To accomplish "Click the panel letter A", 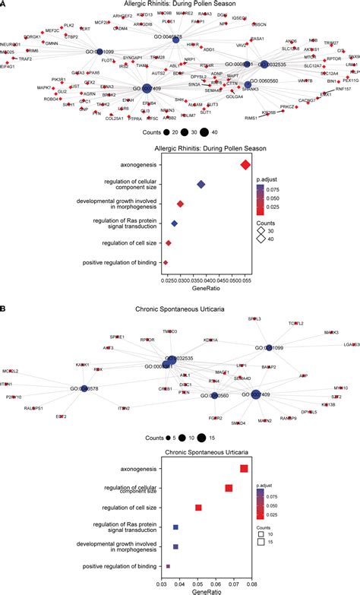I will coord(4,4).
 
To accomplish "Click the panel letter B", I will coord(4,309).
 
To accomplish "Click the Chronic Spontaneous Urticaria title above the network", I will coord(180,309).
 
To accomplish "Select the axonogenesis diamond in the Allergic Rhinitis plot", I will coord(245,165).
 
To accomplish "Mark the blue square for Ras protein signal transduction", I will coord(175,527).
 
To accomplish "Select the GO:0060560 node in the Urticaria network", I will coord(216,395).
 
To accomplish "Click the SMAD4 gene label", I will coord(238,423).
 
